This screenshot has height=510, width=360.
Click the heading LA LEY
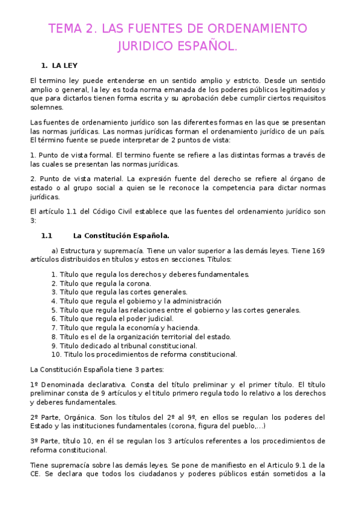tap(65, 65)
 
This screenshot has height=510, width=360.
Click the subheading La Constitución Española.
tap(121, 236)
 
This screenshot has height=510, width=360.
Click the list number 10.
tap(56, 355)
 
